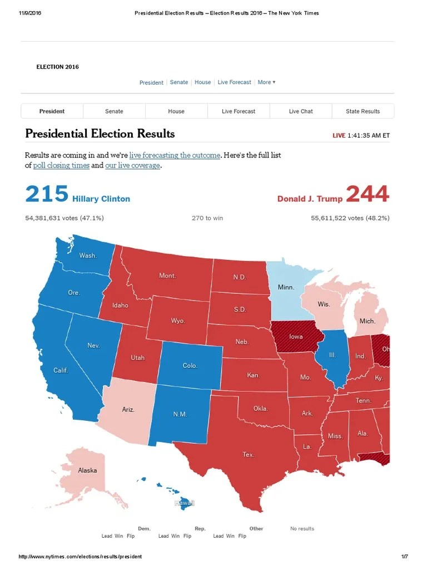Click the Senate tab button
[x=114, y=111]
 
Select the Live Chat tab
[x=301, y=111]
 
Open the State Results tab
[x=363, y=111]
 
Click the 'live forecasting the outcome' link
[x=175, y=155]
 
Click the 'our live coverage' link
[x=132, y=165]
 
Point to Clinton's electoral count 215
[x=47, y=195]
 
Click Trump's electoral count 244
[x=368, y=195]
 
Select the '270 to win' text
[x=207, y=218]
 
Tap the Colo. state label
[x=190, y=366]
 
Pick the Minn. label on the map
[x=286, y=288]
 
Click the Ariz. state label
[x=128, y=410]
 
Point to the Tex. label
[x=249, y=455]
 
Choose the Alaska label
[x=87, y=470]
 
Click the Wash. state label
[x=88, y=256]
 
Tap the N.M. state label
[x=181, y=415]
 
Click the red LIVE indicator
[x=339, y=135]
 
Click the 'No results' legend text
[x=302, y=529]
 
